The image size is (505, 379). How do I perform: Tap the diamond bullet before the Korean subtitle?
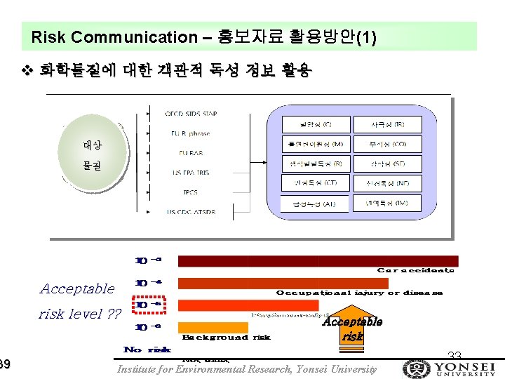point(27,70)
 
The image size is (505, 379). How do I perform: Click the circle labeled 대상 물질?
point(92,156)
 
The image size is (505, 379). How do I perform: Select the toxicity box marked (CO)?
point(388,144)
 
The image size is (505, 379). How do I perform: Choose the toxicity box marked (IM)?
point(388,204)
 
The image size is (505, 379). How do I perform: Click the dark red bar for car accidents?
point(318,261)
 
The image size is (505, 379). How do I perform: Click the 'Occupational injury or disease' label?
point(359,293)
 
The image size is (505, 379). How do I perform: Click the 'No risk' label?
point(147,350)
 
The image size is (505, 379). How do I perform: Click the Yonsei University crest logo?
point(415,368)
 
